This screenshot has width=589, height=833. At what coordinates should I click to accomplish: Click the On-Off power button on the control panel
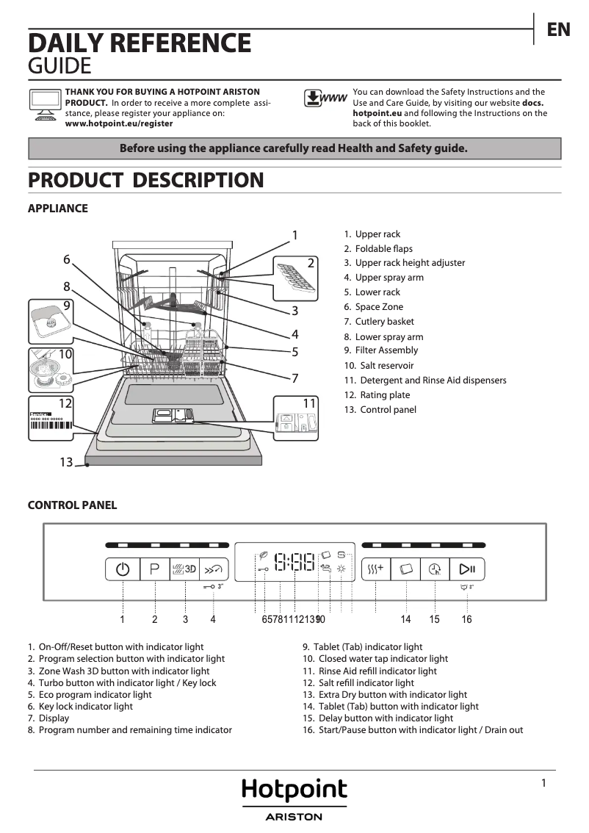(x=123, y=569)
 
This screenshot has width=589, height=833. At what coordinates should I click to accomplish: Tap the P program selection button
(x=154, y=569)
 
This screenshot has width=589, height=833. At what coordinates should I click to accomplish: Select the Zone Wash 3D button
(x=185, y=569)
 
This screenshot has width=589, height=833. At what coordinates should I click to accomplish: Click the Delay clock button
(x=435, y=569)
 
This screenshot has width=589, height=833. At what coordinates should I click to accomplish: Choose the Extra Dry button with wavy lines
(x=375, y=569)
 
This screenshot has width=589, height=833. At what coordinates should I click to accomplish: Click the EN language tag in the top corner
(x=558, y=29)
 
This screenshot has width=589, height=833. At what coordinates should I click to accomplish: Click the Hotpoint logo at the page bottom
(x=294, y=790)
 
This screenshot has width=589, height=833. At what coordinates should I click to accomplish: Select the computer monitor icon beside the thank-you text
(x=45, y=104)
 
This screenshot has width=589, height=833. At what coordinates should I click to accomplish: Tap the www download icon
(x=325, y=98)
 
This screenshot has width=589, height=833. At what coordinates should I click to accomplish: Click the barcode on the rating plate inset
(x=51, y=430)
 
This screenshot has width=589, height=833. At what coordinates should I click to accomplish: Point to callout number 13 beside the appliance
(x=66, y=462)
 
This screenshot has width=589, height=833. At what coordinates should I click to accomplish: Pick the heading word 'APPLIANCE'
(x=57, y=209)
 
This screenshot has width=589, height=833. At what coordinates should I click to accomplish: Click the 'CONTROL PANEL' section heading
(x=72, y=505)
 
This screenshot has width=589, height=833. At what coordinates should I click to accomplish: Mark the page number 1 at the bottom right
(x=543, y=783)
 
